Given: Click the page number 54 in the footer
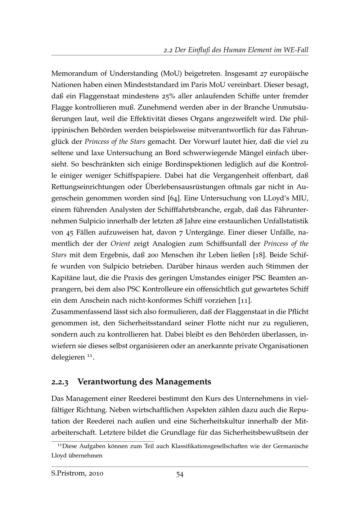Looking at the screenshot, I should [180, 474].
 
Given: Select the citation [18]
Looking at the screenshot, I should [258, 255].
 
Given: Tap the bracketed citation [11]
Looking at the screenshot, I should [245, 301].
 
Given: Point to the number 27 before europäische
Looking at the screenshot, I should [265, 74].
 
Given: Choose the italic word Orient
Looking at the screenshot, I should [120, 244].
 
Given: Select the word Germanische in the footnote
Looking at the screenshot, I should [291, 446].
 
